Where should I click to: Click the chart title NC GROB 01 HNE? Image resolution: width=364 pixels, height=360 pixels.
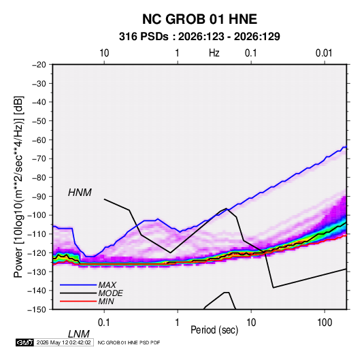pyautogui.click(x=199, y=19)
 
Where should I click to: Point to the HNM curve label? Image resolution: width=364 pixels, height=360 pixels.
pyautogui.click(x=80, y=193)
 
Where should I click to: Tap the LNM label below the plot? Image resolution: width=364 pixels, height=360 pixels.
pyautogui.click(x=78, y=334)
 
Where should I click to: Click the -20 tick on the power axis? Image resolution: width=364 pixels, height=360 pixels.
pyautogui.click(x=39, y=65)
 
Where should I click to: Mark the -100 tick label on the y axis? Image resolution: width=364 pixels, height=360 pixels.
pyautogui.click(x=37, y=215)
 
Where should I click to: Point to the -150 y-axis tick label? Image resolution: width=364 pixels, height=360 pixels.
pyautogui.click(x=37, y=310)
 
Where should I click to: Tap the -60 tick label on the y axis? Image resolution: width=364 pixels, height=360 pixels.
pyautogui.click(x=39, y=140)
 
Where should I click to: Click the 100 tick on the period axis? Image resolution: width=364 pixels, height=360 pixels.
pyautogui.click(x=325, y=323)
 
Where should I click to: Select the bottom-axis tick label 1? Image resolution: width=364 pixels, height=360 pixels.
pyautogui.click(x=178, y=323)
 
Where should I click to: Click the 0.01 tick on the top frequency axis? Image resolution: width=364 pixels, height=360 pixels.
pyautogui.click(x=324, y=53)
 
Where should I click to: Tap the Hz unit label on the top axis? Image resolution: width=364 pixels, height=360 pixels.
pyautogui.click(x=214, y=53)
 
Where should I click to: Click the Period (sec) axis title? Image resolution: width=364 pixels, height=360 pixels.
pyautogui.click(x=214, y=330)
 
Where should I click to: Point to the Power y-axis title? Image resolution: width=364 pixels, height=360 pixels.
pyautogui.click(x=18, y=187)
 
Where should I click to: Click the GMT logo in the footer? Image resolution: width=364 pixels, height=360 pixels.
pyautogui.click(x=25, y=342)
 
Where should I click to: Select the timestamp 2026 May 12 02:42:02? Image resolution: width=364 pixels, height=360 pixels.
pyautogui.click(x=63, y=342)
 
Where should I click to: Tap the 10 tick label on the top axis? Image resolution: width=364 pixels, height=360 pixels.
pyautogui.click(x=104, y=53)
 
